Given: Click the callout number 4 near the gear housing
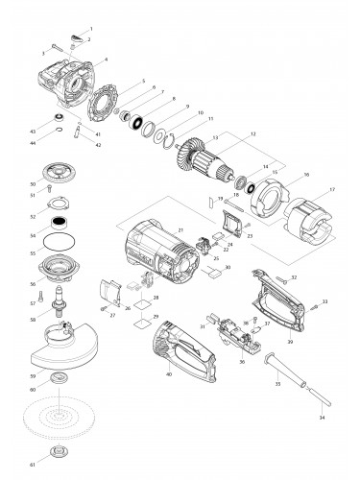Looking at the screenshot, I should (x=106, y=60).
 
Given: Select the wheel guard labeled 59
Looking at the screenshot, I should (x=67, y=342).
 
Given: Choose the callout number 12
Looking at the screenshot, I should (x=252, y=133).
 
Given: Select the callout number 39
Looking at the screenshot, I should (x=289, y=340).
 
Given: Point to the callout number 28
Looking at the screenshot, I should (x=156, y=299).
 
